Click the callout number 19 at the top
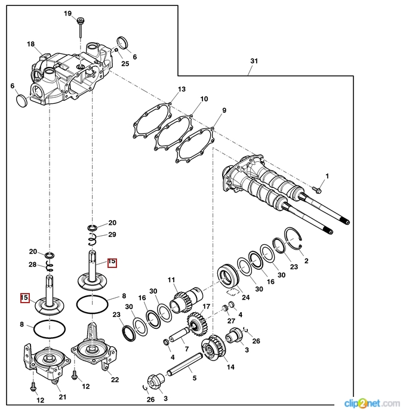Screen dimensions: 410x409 pyautogui.click(x=67, y=13)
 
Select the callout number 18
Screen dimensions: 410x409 pyautogui.click(x=31, y=44)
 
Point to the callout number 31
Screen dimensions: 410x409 pyautogui.click(x=254, y=61)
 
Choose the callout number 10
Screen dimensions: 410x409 pyautogui.click(x=204, y=99)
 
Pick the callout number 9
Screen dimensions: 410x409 pyautogui.click(x=224, y=110)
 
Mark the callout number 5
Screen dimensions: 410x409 pyautogui.click(x=193, y=378)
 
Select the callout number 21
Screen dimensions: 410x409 pyautogui.click(x=62, y=397)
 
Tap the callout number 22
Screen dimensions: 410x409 pyautogui.click(x=115, y=380)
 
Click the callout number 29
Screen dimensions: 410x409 pyautogui.click(x=112, y=234)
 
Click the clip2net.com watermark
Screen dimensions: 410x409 pyautogui.click(x=374, y=402)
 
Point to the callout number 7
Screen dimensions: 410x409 pyautogui.click(x=186, y=348)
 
